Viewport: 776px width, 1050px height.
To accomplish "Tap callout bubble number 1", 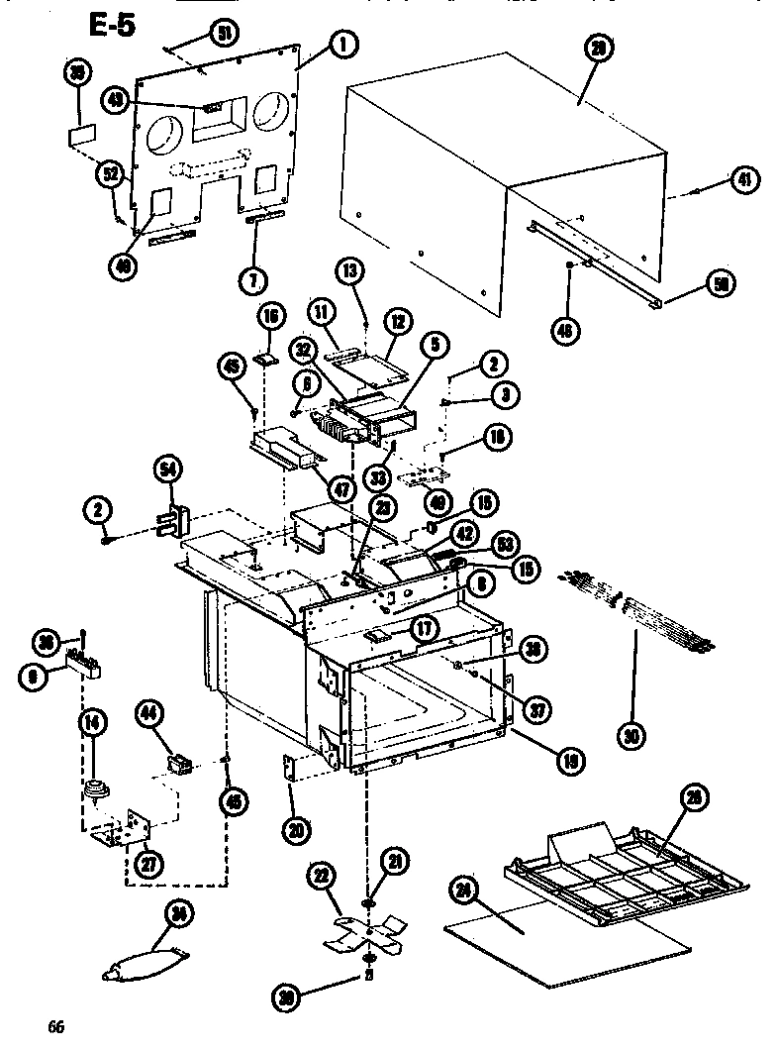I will click(342, 44).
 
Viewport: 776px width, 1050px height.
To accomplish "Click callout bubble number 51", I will click(224, 35).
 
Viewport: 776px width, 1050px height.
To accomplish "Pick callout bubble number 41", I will click(742, 179).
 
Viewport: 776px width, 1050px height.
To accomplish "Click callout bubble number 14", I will click(92, 724).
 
